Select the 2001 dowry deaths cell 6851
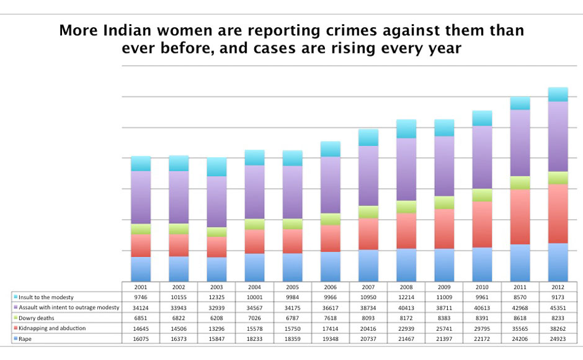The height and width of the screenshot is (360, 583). [141, 318]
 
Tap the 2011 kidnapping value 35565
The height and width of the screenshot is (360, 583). [520, 328]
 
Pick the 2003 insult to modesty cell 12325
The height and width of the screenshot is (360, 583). [216, 297]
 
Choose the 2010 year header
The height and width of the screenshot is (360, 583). [482, 287]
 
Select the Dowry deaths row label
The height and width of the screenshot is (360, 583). [39, 318]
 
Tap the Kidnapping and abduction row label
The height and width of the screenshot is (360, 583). [53, 328]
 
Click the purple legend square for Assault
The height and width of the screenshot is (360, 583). [16, 307]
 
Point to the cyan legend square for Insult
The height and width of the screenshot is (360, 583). [16, 297]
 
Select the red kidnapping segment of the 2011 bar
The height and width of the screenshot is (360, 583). [520, 217]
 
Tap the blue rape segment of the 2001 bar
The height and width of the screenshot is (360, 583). [141, 269]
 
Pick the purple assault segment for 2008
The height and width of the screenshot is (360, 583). [406, 169]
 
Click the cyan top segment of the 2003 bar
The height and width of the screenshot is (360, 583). [216, 166]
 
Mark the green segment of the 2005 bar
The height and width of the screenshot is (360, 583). [293, 224]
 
